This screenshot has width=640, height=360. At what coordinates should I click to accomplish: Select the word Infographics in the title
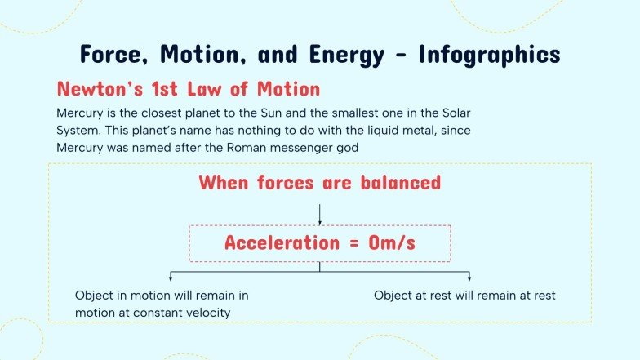[490, 54]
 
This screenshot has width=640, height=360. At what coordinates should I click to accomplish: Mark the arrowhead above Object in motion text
[169, 278]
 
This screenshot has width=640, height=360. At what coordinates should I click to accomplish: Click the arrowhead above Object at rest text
[469, 278]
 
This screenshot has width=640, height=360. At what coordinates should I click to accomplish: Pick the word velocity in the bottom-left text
[207, 313]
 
